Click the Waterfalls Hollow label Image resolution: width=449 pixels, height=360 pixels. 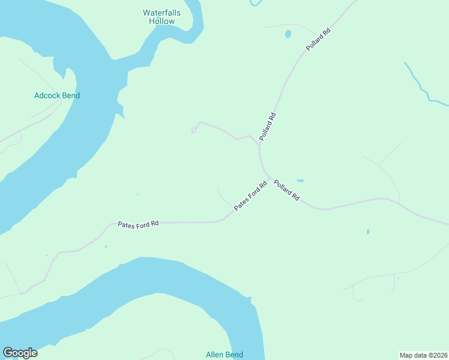pos(161,17)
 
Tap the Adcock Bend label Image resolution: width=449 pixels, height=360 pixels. pos(57,95)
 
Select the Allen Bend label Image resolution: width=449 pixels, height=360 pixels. pos(224,355)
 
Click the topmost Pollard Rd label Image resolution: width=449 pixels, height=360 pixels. pos(318,39)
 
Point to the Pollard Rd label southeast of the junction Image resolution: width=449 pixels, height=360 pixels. pos(287,191)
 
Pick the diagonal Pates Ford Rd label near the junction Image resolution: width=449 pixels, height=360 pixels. pos(250,196)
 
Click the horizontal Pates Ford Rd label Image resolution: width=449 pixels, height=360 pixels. pos(138,224)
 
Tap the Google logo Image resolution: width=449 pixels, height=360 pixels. pos(20,353)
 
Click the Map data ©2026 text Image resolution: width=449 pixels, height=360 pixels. pos(423,355)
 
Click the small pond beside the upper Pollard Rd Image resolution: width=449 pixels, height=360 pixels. pos(288,34)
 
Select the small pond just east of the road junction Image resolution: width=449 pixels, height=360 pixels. pos(300,180)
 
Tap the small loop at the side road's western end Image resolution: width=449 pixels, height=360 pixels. pos(194,130)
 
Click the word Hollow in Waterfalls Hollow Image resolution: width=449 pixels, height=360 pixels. pos(161,21)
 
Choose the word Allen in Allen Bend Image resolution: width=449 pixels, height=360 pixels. pos(215,355)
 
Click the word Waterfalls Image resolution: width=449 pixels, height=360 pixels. pos(161,13)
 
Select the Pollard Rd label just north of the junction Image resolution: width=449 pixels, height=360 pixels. pos(267,127)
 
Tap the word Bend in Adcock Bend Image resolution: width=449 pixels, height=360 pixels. pos(71,95)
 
